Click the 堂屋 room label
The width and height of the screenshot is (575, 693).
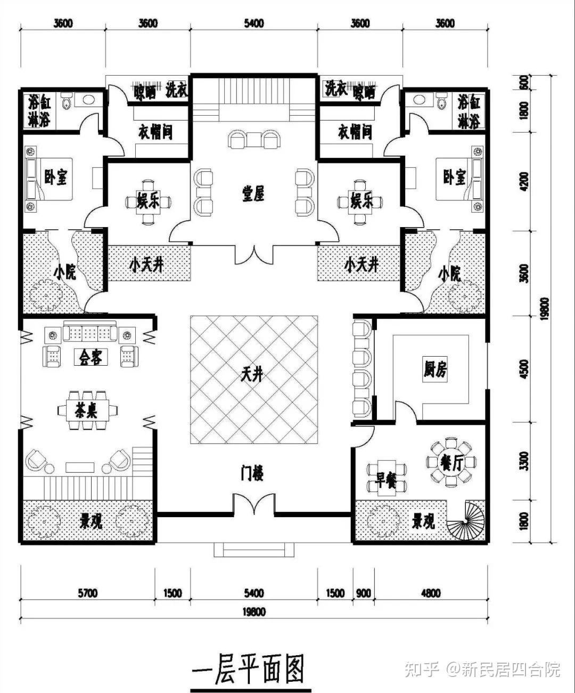[x=253, y=194]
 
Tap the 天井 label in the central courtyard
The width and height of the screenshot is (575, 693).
[x=252, y=375]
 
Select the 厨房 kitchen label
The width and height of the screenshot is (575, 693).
[x=435, y=369]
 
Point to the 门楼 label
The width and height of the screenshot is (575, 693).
[x=252, y=473]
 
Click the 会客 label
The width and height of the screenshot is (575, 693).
[x=91, y=357]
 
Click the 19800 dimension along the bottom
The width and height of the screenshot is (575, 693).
[x=253, y=612]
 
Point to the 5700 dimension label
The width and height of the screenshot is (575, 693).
[x=87, y=593]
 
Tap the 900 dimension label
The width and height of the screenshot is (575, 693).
[x=364, y=593]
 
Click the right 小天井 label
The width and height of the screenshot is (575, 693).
[x=362, y=264]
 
